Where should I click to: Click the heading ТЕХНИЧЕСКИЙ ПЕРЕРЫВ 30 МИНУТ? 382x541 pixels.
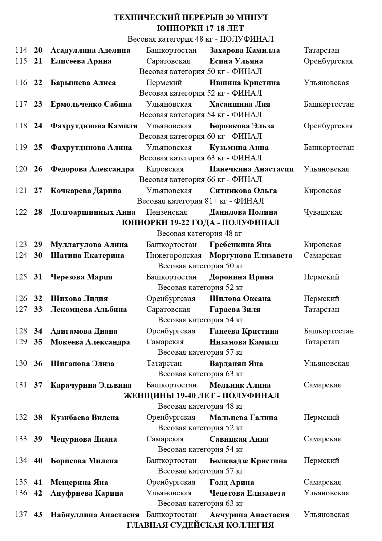[x=191, y=18]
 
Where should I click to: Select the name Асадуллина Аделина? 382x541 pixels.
[x=90, y=50]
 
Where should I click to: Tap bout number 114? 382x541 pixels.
[x=21, y=50]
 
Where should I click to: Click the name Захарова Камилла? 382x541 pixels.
[x=245, y=50]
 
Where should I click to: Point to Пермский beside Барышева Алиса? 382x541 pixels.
[x=164, y=83]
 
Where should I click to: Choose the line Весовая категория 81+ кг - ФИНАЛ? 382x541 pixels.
[x=200, y=201]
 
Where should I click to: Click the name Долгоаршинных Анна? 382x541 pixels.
[x=93, y=212]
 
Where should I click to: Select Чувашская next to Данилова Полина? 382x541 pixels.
[x=323, y=212]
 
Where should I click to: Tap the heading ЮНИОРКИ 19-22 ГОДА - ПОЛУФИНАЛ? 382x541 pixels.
[x=200, y=223]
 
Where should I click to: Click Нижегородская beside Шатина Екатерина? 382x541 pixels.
[x=174, y=255]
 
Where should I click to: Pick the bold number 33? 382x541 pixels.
[x=38, y=309]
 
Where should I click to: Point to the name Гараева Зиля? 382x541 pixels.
[x=235, y=309]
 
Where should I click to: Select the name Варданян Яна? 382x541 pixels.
[x=236, y=364]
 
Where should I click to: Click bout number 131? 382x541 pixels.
[x=21, y=385]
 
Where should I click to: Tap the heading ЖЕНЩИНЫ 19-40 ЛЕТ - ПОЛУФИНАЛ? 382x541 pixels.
[x=201, y=396]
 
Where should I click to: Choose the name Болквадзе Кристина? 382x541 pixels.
[x=248, y=461]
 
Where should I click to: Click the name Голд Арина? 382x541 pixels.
[x=232, y=482]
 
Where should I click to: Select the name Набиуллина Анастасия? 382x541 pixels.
[x=95, y=515]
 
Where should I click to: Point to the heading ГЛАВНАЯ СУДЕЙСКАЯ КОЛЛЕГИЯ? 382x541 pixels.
[x=200, y=525]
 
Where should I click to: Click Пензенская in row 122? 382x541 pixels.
[x=166, y=212]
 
